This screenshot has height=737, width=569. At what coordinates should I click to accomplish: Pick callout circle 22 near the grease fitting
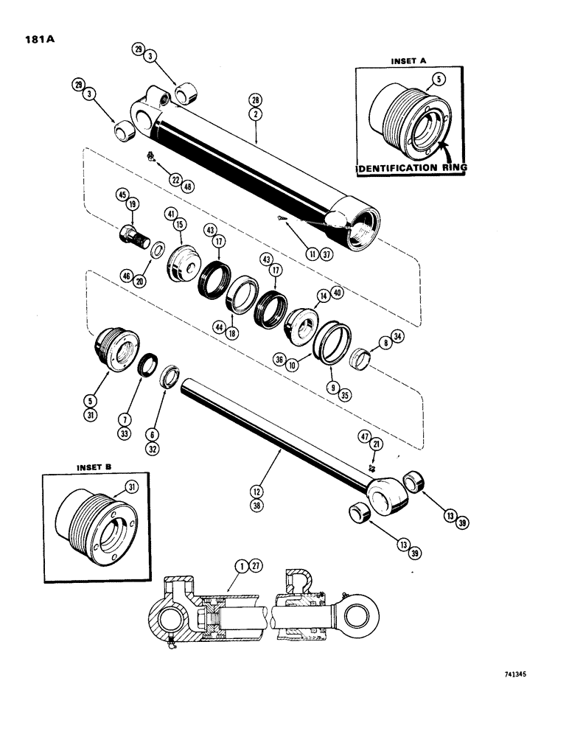point(175,178)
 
